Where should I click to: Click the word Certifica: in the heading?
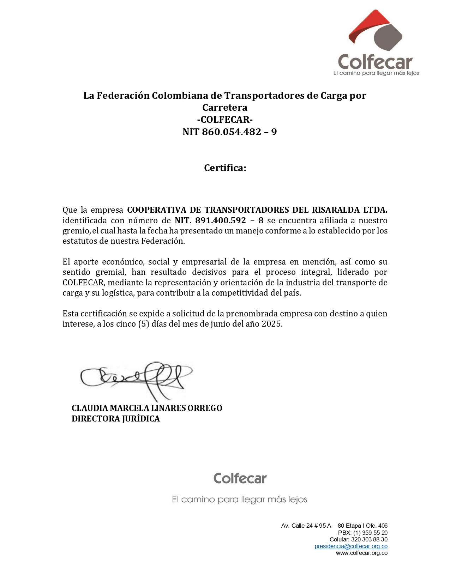tap(225, 168)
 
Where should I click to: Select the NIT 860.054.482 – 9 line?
tap(229, 132)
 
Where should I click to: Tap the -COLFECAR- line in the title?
tap(225, 120)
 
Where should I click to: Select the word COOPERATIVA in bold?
tap(157, 210)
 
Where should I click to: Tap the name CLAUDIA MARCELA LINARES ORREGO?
tap(147, 408)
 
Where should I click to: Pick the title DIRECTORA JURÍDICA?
tap(116, 419)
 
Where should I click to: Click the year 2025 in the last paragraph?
tap(271, 324)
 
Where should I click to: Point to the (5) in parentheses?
tap(143, 324)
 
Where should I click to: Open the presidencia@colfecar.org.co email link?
tap(351, 546)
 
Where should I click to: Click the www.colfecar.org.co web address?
tap(361, 553)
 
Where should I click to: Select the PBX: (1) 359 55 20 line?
tap(362, 533)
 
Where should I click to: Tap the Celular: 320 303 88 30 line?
tap(358, 539)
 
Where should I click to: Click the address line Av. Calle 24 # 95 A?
tap(334, 526)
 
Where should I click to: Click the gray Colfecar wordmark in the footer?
tap(240, 479)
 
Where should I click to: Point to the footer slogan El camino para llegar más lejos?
tap(240, 500)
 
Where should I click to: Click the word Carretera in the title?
tap(225, 108)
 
